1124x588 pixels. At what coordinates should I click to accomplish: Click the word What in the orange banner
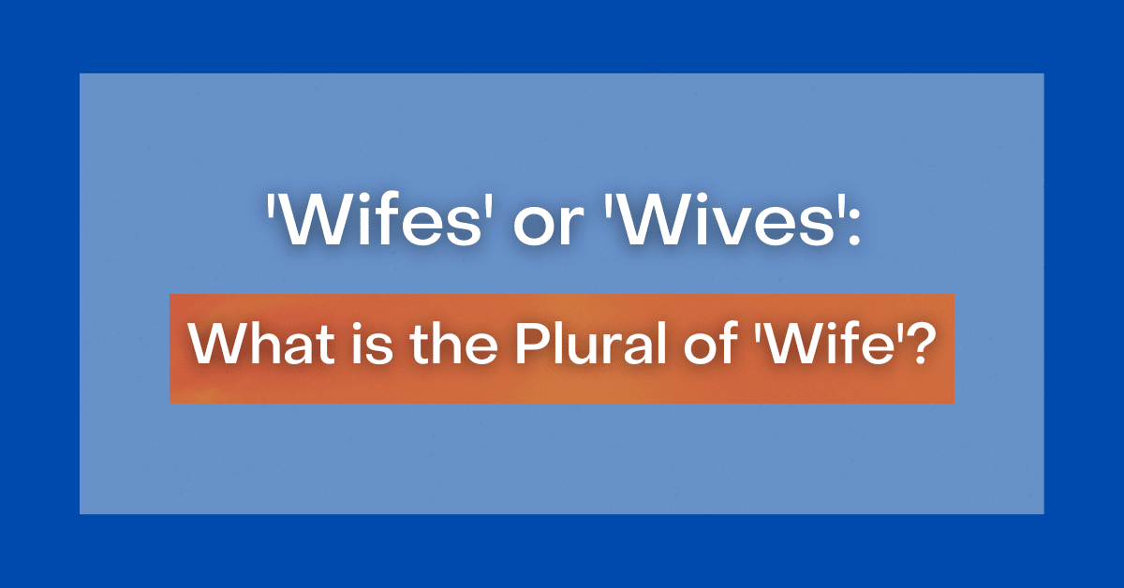[x=249, y=348]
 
